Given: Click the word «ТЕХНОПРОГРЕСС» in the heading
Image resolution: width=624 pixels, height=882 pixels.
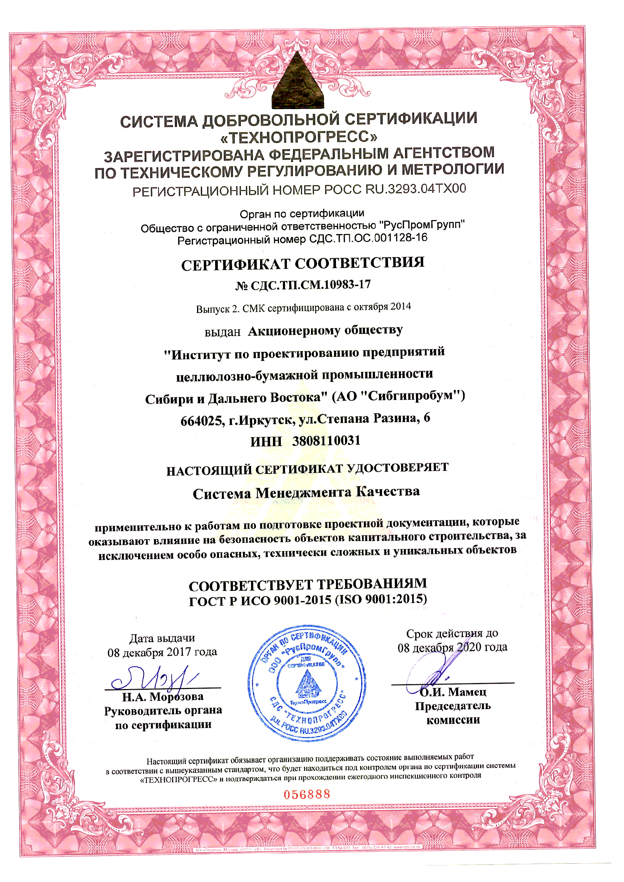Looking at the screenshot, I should click(x=299, y=137).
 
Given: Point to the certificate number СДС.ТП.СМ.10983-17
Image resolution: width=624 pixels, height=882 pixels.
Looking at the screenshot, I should click(x=310, y=285).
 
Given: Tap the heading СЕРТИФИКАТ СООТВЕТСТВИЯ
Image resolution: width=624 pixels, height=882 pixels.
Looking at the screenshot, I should click(x=302, y=264).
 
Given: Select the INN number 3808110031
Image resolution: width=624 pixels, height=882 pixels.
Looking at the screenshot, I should click(x=326, y=440).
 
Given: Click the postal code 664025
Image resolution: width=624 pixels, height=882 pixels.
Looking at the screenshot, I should click(x=202, y=421).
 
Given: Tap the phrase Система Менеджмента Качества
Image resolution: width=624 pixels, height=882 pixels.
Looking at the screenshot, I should click(x=306, y=493).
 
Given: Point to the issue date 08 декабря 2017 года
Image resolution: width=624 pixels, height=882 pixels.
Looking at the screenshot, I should click(x=162, y=652).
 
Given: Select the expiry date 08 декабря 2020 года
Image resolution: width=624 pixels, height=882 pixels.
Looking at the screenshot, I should click(x=452, y=648).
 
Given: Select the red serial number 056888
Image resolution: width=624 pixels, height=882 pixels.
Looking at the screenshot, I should click(x=307, y=794).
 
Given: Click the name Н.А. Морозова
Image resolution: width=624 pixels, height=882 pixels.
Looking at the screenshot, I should click(x=163, y=697).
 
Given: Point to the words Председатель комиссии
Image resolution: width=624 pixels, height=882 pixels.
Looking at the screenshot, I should click(x=453, y=713).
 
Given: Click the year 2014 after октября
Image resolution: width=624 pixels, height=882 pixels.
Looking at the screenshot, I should click(x=401, y=307).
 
